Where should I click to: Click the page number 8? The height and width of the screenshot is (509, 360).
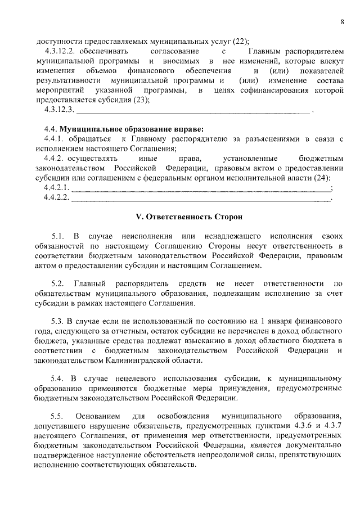coord(341,21)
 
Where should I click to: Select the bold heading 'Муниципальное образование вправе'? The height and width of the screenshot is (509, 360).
coord(132,128)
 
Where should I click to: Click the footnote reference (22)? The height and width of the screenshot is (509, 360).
coord(240,40)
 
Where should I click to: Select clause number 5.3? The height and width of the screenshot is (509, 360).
coord(58,322)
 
